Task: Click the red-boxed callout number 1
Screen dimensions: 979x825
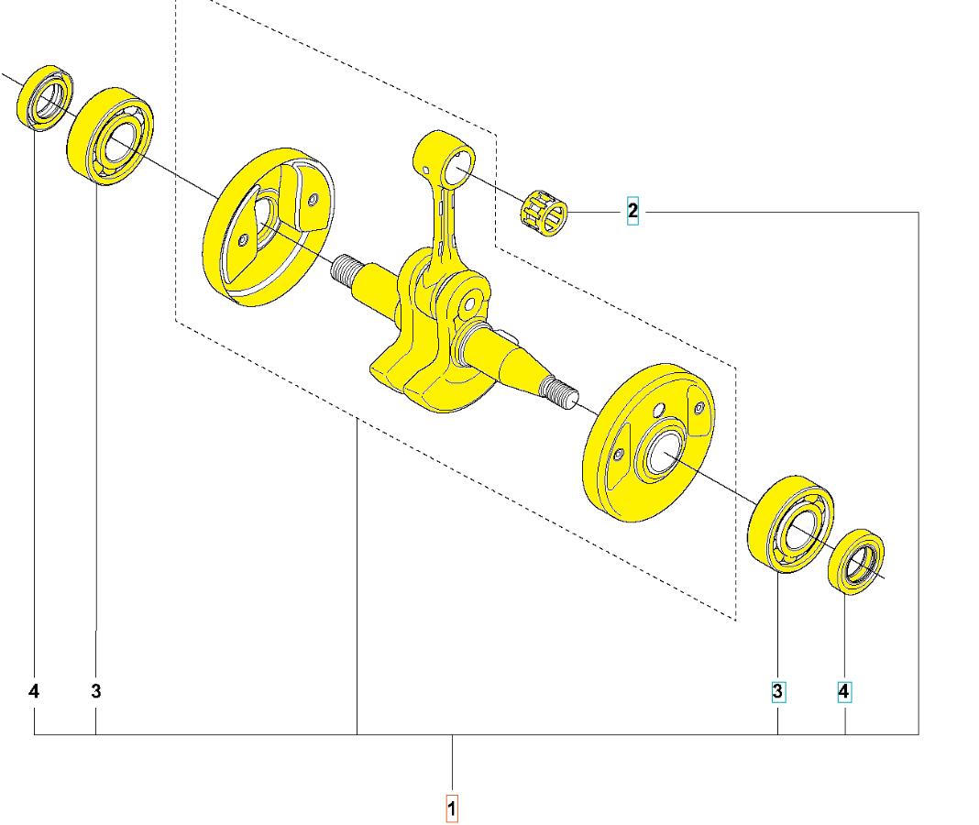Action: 452,808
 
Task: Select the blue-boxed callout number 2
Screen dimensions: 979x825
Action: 632,211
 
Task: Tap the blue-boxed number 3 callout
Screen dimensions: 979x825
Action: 778,691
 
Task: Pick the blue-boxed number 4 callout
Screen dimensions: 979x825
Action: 844,691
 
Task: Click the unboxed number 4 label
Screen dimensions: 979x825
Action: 34,691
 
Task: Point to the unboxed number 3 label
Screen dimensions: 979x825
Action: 95,691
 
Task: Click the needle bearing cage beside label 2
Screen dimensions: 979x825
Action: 544,213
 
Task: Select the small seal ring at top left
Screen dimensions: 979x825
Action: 44,98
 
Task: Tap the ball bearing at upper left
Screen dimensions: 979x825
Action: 110,137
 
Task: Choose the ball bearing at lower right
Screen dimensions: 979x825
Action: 790,524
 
